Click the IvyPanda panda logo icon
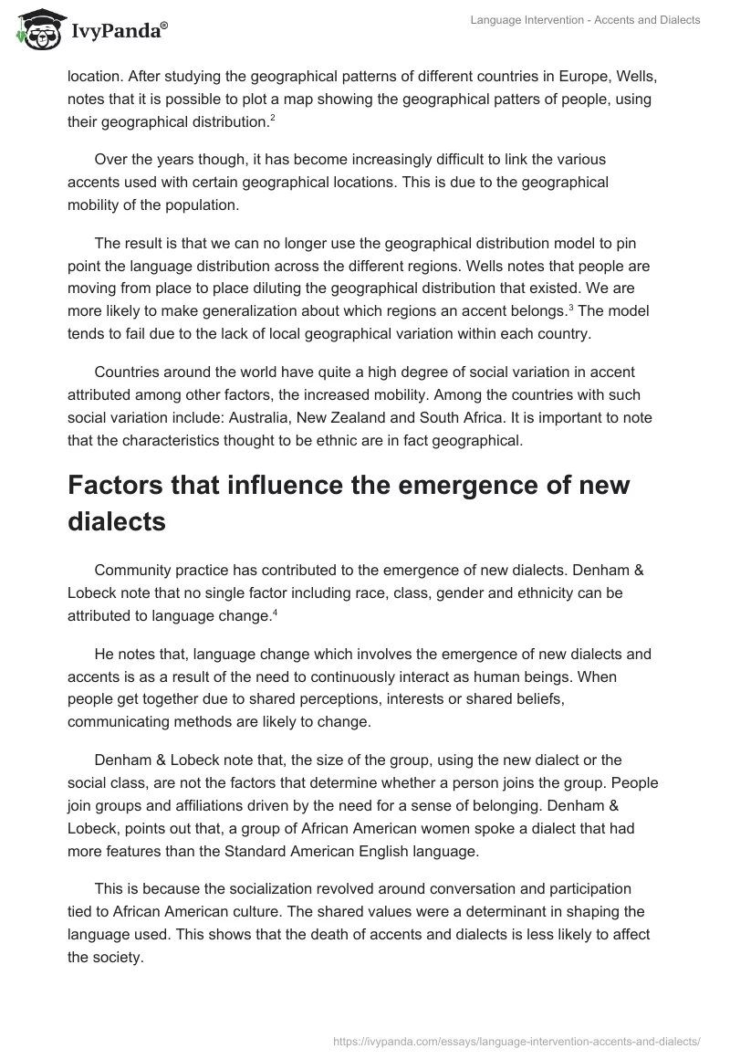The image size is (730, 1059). coord(35,30)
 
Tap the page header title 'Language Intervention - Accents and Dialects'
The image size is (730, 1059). coord(585,20)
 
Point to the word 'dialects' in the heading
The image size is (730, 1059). coord(116,522)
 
